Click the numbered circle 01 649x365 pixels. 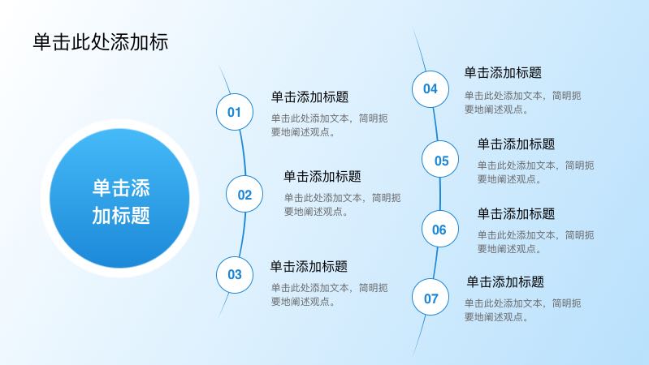pyautogui.click(x=235, y=112)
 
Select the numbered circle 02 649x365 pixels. pyautogui.click(x=244, y=194)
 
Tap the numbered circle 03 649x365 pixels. pyautogui.click(x=235, y=275)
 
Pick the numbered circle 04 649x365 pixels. pyautogui.click(x=431, y=89)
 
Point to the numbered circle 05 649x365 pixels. pyautogui.click(x=440, y=159)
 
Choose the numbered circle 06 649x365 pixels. pyautogui.click(x=440, y=229)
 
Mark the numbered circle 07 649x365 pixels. pyautogui.click(x=431, y=297)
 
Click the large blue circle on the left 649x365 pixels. pyautogui.click(x=119, y=199)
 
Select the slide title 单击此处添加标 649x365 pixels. pyautogui.click(x=101, y=42)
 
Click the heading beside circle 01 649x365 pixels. pyautogui.click(x=309, y=97)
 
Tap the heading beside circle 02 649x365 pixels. pyautogui.click(x=322, y=176)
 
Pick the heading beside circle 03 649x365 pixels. pyautogui.click(x=309, y=266)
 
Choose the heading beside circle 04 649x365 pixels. pyautogui.click(x=503, y=73)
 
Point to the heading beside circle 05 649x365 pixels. pyautogui.click(x=516, y=144)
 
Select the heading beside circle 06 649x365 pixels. pyautogui.click(x=516, y=213)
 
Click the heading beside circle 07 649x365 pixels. pyautogui.click(x=505, y=282)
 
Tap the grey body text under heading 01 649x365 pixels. pyautogui.click(x=330, y=125)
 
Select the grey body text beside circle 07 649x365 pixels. pyautogui.click(x=523, y=310)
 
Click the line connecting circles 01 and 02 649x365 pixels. pyautogui.click(x=243, y=153)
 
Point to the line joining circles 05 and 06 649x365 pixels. pyautogui.click(x=440, y=194)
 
